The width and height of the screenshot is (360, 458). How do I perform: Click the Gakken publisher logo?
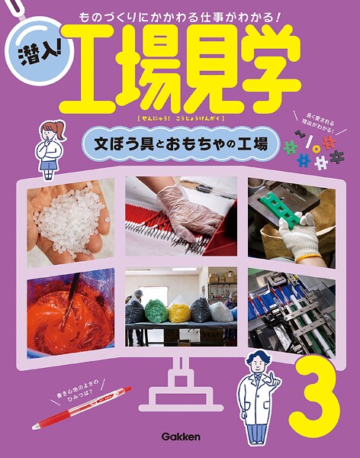[181, 437]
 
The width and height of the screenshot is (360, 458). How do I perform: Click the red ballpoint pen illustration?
[82, 408]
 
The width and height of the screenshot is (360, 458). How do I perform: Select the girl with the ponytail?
[50, 150]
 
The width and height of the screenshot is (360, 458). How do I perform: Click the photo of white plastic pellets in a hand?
[71, 223]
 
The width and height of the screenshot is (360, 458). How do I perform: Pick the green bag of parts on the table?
[157, 311]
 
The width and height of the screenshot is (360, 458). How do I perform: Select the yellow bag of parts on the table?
[179, 312]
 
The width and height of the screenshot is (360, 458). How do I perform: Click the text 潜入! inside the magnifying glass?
[39, 53]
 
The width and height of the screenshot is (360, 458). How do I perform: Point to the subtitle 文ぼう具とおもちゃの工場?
[181, 144]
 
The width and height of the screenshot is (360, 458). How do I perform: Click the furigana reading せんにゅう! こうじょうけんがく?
[180, 118]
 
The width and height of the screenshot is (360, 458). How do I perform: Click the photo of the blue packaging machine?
[291, 313]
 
